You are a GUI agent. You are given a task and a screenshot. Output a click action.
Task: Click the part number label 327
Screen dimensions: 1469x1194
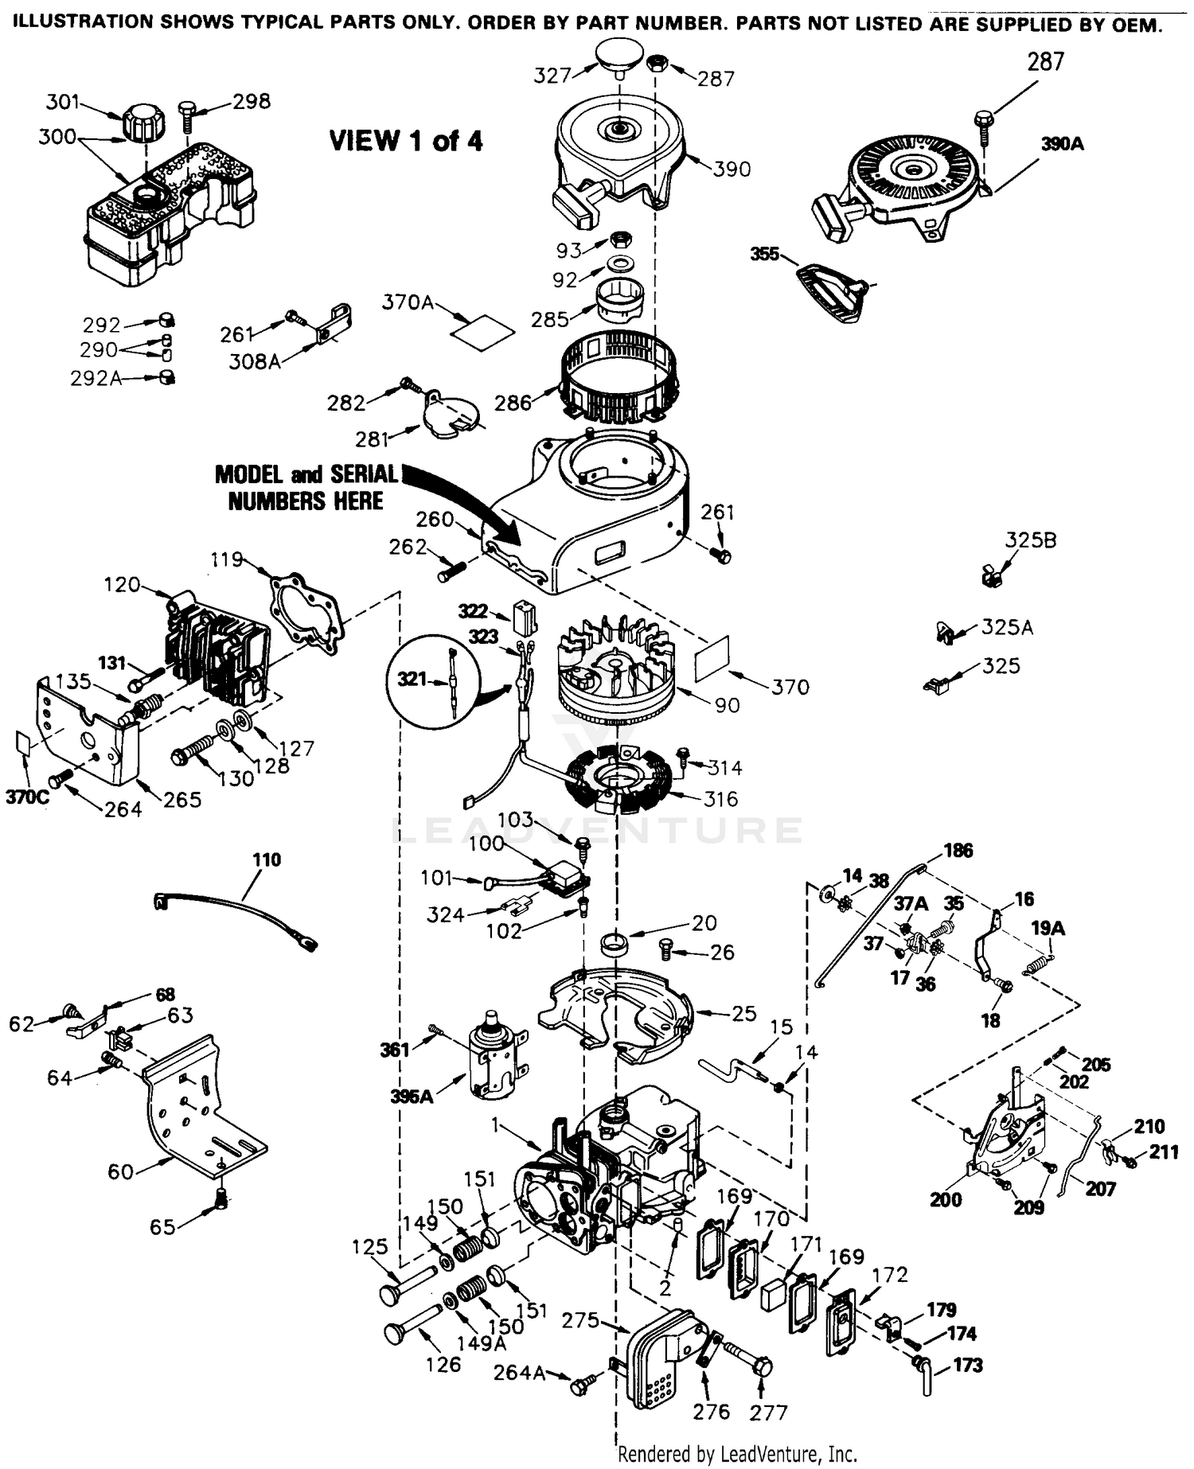point(552,75)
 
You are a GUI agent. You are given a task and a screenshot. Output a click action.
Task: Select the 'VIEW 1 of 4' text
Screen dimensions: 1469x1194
point(406,141)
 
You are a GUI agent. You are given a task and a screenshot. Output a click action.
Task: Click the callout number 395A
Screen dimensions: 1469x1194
point(411,1097)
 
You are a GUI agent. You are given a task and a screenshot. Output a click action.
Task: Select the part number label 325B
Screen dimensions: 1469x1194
point(1031,540)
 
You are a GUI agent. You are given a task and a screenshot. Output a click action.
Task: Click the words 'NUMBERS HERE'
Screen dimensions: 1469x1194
point(306,501)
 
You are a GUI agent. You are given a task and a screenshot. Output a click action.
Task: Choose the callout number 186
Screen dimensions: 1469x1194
point(958,850)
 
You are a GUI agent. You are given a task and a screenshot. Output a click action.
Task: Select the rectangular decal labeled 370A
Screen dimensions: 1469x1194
point(482,329)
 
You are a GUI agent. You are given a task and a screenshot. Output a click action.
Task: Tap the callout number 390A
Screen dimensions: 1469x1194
point(1063,144)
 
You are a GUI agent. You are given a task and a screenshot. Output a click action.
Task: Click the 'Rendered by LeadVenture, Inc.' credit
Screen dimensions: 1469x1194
point(737,1454)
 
